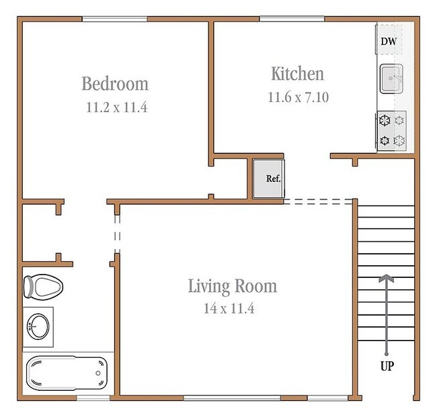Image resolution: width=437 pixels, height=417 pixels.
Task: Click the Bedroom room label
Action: [115, 83]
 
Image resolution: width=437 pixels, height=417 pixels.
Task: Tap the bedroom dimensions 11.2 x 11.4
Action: [117, 107]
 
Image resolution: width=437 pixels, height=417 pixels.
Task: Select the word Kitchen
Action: [298, 74]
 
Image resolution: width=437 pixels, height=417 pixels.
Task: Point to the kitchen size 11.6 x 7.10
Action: [299, 97]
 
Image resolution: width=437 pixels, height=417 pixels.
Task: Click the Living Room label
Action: [233, 286]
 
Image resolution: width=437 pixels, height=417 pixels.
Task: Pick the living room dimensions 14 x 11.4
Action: [229, 308]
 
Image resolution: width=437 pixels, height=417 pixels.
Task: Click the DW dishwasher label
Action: [389, 42]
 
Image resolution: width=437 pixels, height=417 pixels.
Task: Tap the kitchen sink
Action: [391, 79]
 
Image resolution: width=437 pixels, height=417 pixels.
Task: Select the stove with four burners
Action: [391, 131]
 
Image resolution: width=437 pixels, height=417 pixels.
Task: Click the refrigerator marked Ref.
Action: [269, 179]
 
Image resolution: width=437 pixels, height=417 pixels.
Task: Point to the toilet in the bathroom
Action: [43, 287]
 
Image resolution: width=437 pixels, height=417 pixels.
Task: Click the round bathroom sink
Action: [38, 326]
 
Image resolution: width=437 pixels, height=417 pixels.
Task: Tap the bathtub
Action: [67, 373]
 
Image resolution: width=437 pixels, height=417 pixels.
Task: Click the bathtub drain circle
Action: [98, 373]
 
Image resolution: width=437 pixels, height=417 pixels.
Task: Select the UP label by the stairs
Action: [387, 366]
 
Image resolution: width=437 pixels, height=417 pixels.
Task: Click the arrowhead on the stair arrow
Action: [387, 278]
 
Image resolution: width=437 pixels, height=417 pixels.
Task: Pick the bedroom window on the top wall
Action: [114, 19]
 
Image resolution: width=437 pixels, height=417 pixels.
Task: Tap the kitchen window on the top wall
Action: [292, 19]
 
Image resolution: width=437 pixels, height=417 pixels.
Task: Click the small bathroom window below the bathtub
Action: [93, 398]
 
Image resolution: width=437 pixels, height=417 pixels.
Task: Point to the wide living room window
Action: [232, 398]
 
